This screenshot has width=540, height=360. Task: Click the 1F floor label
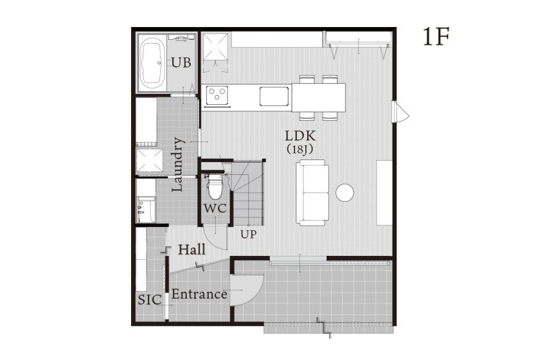(436, 37)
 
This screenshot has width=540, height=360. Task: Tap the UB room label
(181, 63)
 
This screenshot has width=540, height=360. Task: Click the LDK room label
(300, 136)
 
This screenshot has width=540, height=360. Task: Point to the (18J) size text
(300, 150)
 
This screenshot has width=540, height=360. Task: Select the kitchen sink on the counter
(274, 96)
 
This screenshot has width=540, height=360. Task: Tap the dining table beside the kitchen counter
(319, 98)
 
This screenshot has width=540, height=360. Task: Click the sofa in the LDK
(312, 193)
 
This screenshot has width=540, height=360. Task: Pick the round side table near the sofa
(345, 193)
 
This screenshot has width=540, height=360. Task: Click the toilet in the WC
(215, 186)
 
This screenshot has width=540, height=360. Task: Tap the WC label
(215, 208)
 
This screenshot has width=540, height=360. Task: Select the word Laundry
(177, 165)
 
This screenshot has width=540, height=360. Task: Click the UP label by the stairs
(248, 234)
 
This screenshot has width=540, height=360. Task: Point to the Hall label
(192, 249)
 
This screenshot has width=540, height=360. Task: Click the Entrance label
(199, 294)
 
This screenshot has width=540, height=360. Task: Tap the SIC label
(150, 300)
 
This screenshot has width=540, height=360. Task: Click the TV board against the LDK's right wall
(384, 193)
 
